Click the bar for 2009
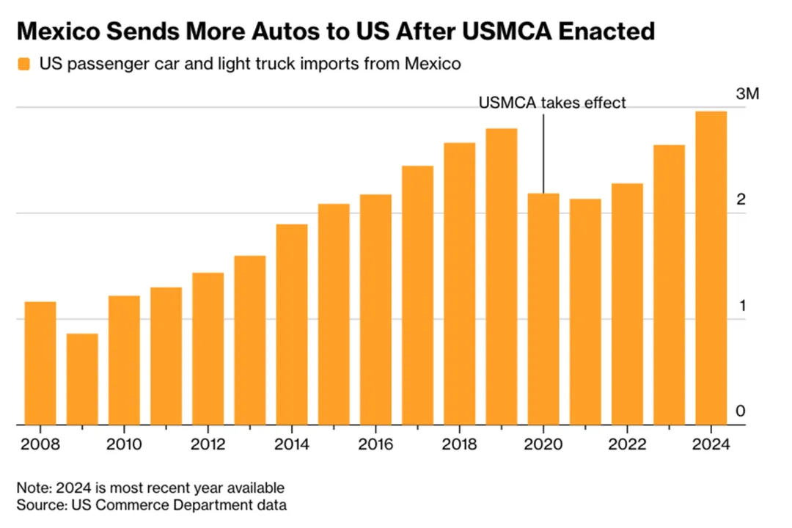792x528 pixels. [x=82, y=379]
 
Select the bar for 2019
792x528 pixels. [x=502, y=276]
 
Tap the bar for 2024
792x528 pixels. [x=711, y=268]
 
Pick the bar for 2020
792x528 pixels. [x=543, y=309]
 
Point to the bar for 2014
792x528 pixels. [x=292, y=324]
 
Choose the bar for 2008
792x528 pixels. [x=40, y=363]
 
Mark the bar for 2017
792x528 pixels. [x=417, y=295]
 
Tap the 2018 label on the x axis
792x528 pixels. [x=459, y=444]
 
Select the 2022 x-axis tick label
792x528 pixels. [x=627, y=444]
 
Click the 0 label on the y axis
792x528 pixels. [x=741, y=411]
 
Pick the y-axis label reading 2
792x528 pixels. [x=741, y=200]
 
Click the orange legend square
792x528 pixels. [x=24, y=65]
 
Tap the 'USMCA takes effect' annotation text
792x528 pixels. [x=552, y=103]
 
